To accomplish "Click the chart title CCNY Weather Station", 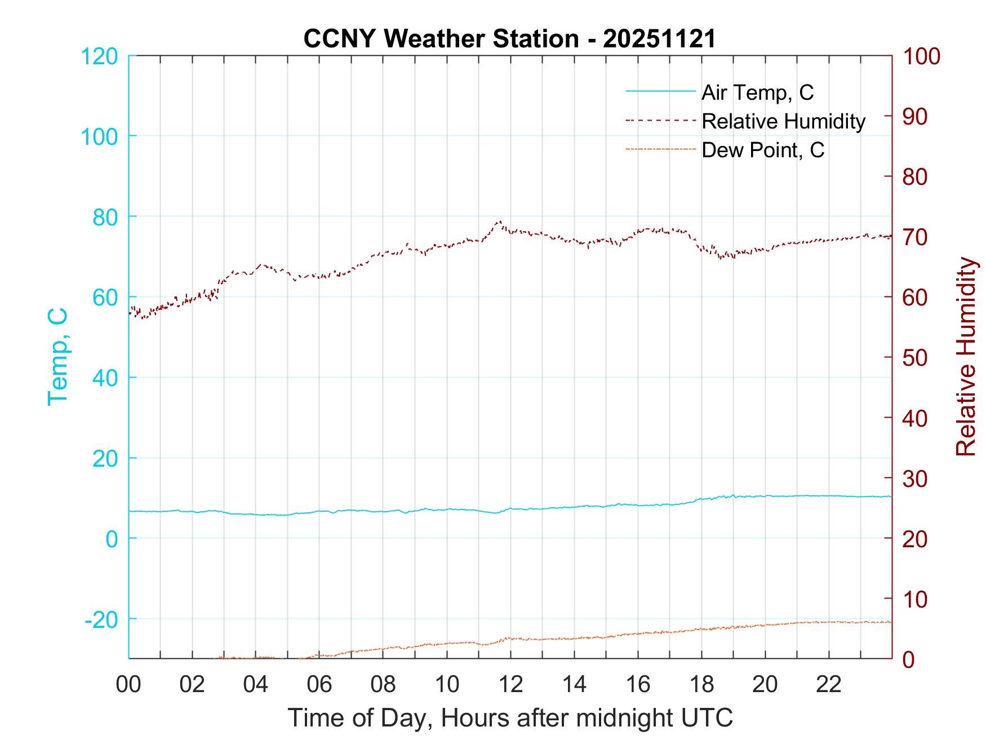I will [x=509, y=39].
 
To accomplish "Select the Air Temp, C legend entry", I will [x=757, y=92].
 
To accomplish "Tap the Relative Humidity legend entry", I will [x=783, y=121].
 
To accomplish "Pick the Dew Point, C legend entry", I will [x=763, y=150].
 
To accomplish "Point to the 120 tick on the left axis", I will [x=99, y=56].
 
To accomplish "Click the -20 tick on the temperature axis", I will [x=101, y=619].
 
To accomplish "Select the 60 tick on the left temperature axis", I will [x=105, y=298].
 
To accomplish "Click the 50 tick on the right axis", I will [x=916, y=358].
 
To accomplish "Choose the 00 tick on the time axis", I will [x=128, y=684].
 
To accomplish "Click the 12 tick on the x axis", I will [x=510, y=684].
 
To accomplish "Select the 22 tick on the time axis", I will [x=829, y=684].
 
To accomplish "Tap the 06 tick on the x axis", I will [x=319, y=684].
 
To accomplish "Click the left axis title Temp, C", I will [x=57, y=357].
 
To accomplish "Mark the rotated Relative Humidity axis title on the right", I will [x=966, y=357].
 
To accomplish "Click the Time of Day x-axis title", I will [x=510, y=718].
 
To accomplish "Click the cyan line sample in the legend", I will [x=660, y=91].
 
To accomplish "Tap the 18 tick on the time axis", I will [x=701, y=684].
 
